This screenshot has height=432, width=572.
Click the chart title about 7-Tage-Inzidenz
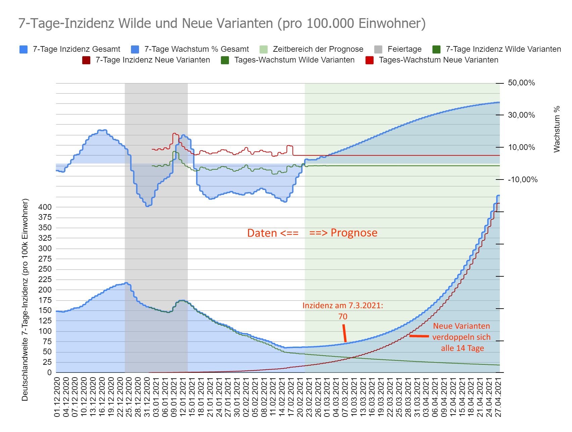222,24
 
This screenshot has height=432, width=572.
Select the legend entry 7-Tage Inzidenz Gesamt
70,49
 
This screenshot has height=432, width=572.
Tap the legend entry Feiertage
398,49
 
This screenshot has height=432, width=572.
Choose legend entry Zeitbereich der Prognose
312,49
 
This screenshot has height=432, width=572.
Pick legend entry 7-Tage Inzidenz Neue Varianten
146,60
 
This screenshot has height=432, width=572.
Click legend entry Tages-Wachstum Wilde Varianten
288,60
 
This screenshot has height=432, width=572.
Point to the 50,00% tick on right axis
521,83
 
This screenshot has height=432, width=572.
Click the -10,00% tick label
523,180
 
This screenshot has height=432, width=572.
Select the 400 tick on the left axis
45,207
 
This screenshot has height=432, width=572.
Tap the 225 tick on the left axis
45,279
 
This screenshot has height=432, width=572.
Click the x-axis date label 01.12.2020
57,397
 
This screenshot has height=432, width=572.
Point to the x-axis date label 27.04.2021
498,397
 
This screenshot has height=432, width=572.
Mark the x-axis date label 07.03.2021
345,397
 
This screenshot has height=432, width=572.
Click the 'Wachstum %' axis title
557,129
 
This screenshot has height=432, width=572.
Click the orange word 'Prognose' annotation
354,233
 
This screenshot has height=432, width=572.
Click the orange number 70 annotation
343,317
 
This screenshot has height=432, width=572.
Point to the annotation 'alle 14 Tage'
463,348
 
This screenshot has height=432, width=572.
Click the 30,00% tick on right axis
521,115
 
